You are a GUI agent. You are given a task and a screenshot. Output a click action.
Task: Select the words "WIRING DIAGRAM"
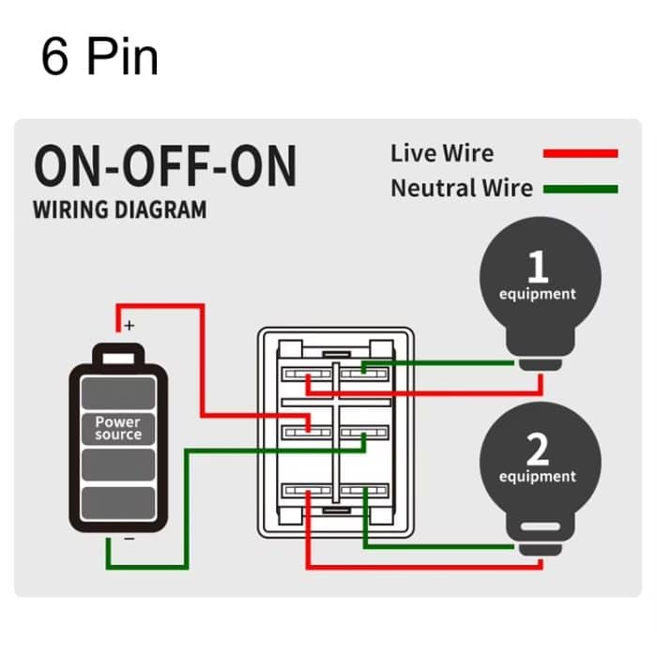click(119, 208)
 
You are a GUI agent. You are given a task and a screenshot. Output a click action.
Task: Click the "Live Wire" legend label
click(441, 153)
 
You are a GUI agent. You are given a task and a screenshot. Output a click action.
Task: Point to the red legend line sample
click(580, 153)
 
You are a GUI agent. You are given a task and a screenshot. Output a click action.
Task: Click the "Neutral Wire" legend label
click(461, 188)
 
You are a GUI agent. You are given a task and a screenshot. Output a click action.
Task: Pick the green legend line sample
click(580, 189)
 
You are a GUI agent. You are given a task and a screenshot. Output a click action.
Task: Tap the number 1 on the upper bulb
click(537, 267)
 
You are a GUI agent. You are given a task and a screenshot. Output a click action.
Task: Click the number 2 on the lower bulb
click(537, 450)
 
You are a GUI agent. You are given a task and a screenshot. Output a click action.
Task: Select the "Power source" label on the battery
click(118, 429)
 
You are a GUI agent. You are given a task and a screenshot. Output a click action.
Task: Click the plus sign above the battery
click(129, 326)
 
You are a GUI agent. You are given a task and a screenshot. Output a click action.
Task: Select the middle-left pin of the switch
click(309, 431)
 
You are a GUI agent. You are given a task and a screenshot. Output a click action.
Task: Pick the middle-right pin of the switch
click(361, 431)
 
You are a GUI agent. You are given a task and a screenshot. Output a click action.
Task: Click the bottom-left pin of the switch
click(309, 490)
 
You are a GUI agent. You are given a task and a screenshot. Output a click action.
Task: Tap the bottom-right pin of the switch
click(361, 490)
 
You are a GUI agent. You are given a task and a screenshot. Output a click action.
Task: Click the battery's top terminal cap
click(118, 355)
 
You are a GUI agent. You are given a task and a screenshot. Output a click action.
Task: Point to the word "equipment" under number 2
click(537, 477)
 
